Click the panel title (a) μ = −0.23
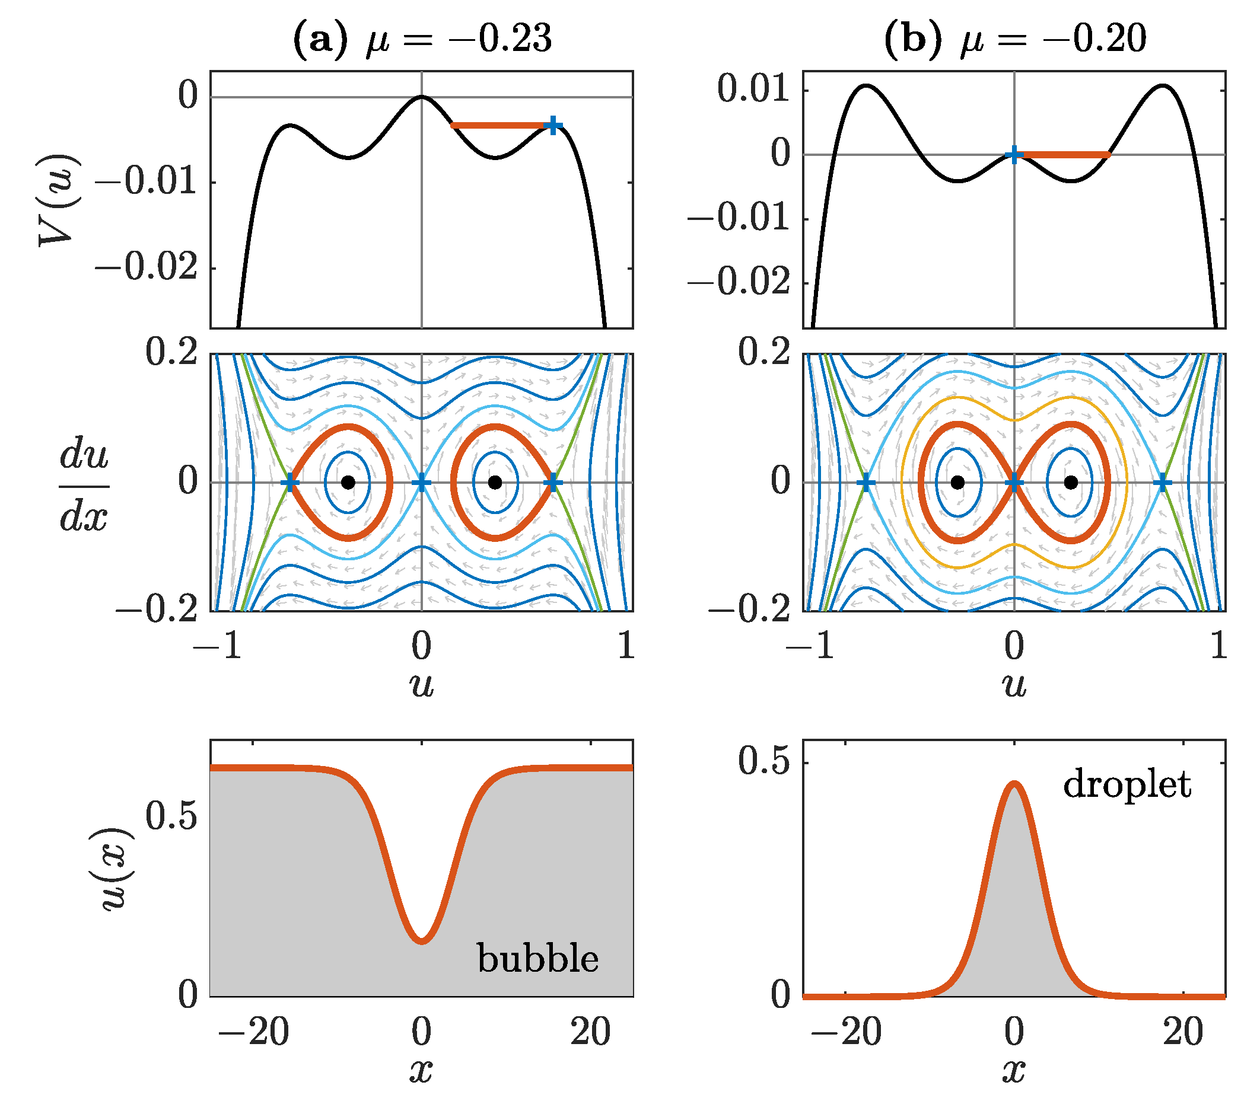422,39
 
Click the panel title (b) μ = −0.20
1015,39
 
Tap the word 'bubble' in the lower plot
538,959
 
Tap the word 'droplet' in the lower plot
1127,785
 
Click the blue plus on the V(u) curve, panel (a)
553,125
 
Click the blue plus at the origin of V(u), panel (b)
1014,155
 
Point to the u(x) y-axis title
117,869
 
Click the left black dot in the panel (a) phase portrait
348,482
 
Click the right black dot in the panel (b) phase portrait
1071,482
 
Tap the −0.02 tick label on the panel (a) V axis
147,268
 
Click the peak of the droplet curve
1015,784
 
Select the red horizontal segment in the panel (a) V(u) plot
498,125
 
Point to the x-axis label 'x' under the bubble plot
422,1070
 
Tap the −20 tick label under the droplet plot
847,1032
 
